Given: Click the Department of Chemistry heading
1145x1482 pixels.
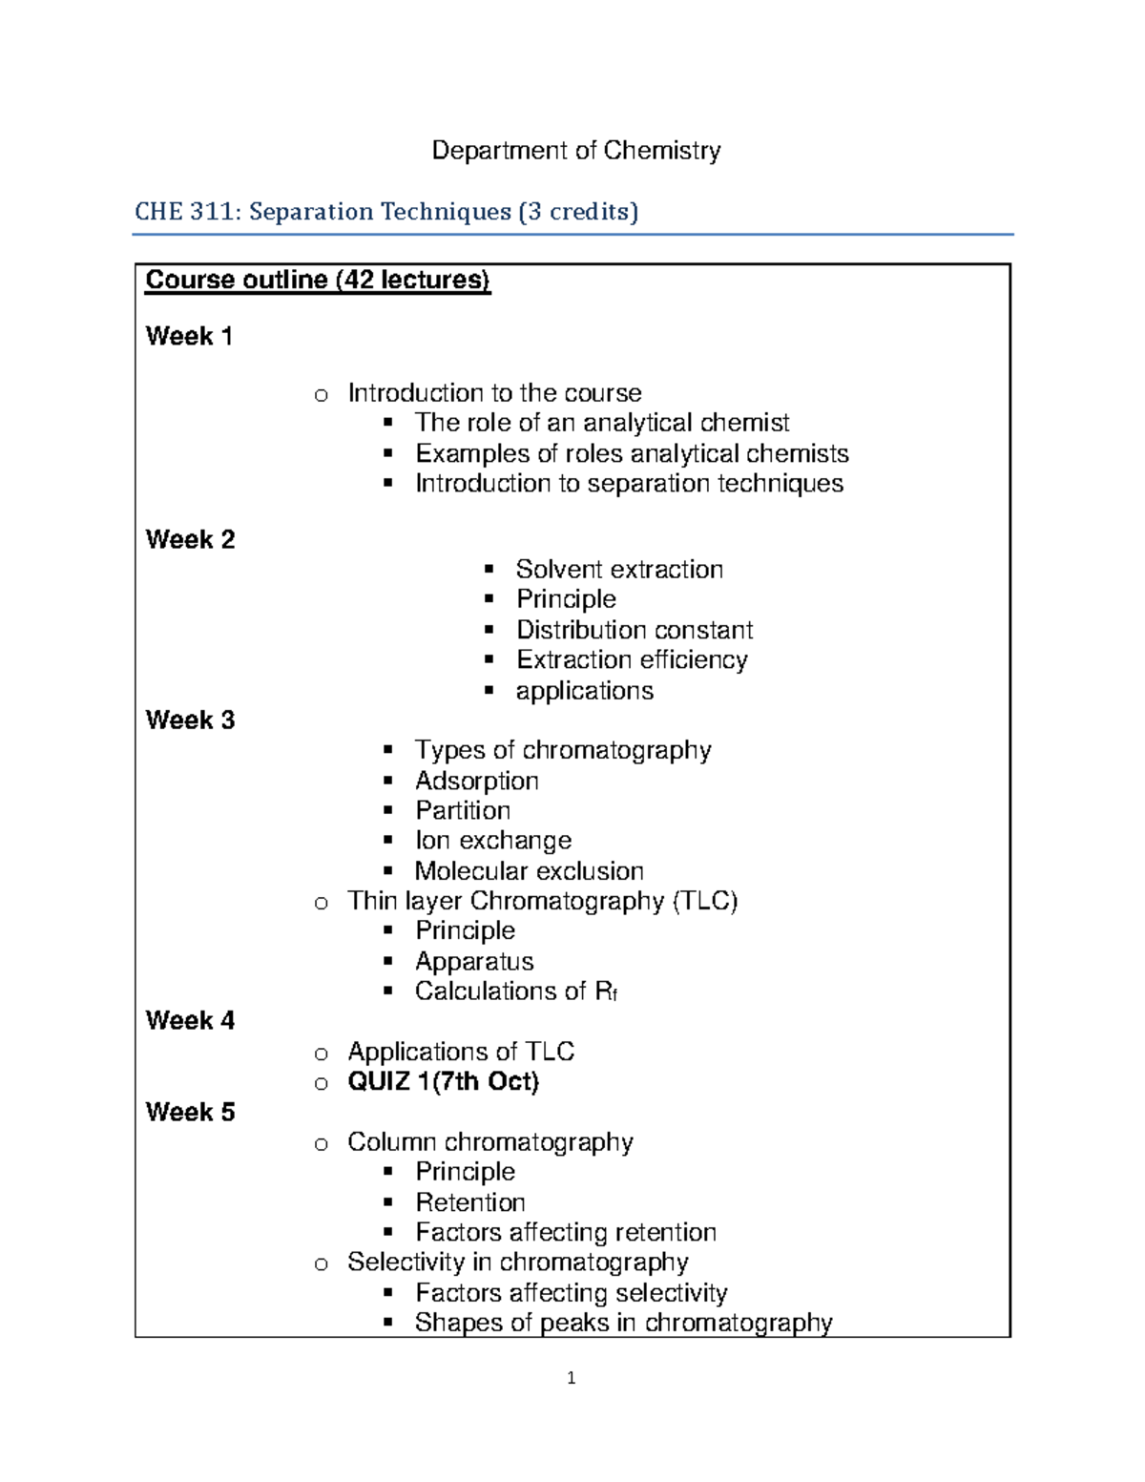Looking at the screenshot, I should (576, 151).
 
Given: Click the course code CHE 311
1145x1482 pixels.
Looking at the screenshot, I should (187, 211).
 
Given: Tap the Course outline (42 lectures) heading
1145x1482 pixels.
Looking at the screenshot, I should (317, 280).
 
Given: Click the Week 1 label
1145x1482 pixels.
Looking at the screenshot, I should (189, 336).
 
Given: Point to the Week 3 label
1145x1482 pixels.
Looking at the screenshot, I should (190, 720).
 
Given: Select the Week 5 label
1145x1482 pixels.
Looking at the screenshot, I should (190, 1112).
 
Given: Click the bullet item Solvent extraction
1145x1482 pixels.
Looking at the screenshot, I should (619, 570).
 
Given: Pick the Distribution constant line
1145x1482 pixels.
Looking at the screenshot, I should (634, 630).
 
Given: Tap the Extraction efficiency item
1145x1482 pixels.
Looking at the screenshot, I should (632, 659).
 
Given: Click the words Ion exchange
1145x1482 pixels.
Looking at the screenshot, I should (493, 841).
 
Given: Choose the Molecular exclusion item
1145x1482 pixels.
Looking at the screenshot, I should (529, 871).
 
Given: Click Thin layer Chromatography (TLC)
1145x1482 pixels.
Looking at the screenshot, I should (542, 901).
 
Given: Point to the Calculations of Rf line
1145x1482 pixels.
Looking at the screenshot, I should (516, 991).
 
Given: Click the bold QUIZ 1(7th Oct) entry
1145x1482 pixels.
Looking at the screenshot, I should (443, 1081).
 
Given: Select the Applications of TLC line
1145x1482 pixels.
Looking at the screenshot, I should (461, 1052).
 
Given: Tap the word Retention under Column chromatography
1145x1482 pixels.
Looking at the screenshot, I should (470, 1202).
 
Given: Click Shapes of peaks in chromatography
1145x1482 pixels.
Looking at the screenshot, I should (623, 1323).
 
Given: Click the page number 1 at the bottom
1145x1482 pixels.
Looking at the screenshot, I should (571, 1378).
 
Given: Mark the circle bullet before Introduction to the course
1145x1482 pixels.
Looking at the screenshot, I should (322, 395).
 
